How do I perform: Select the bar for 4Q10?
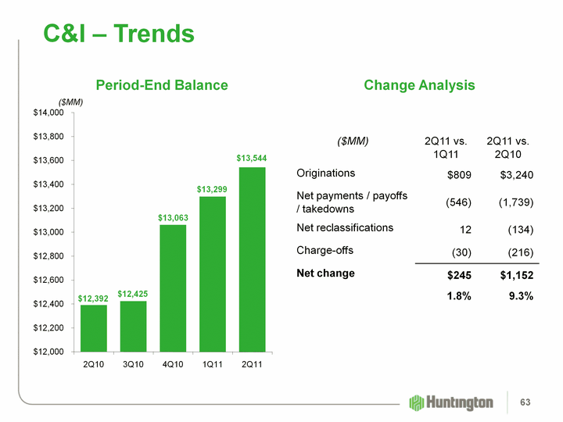(x=173, y=288)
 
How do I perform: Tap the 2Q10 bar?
(x=94, y=327)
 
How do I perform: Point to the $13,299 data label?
(x=212, y=189)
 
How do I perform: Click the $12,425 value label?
(x=133, y=293)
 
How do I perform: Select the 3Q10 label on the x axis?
(x=133, y=366)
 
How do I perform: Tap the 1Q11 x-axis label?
(x=212, y=366)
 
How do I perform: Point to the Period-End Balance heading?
(x=162, y=85)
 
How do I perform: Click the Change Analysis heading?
(x=419, y=85)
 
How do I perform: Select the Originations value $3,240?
(x=516, y=173)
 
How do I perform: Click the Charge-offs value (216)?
(x=518, y=252)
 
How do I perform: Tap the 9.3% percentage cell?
(x=519, y=295)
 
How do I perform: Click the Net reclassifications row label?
(x=345, y=227)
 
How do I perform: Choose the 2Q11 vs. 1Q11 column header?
(x=445, y=148)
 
